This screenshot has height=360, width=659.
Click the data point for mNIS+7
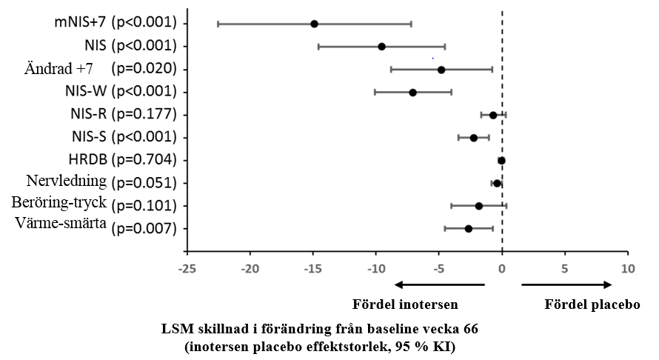click(x=314, y=24)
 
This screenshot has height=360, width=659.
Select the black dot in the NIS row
click(x=381, y=47)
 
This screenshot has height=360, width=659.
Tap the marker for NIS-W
click(x=412, y=93)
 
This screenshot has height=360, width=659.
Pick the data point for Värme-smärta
click(x=468, y=229)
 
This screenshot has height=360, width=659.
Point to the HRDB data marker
click(x=501, y=161)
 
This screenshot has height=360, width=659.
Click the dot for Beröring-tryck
click(x=478, y=206)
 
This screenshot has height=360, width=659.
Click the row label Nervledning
click(x=66, y=182)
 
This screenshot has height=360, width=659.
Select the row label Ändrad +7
click(x=58, y=69)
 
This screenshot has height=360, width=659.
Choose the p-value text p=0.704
click(x=144, y=160)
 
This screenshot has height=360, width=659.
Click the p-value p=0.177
click(x=144, y=114)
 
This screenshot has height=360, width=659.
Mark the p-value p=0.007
click(x=144, y=229)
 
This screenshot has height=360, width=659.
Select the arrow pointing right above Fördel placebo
click(x=566, y=284)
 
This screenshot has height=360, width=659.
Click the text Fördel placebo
click(x=592, y=304)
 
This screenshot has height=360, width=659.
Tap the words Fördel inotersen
click(x=404, y=304)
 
